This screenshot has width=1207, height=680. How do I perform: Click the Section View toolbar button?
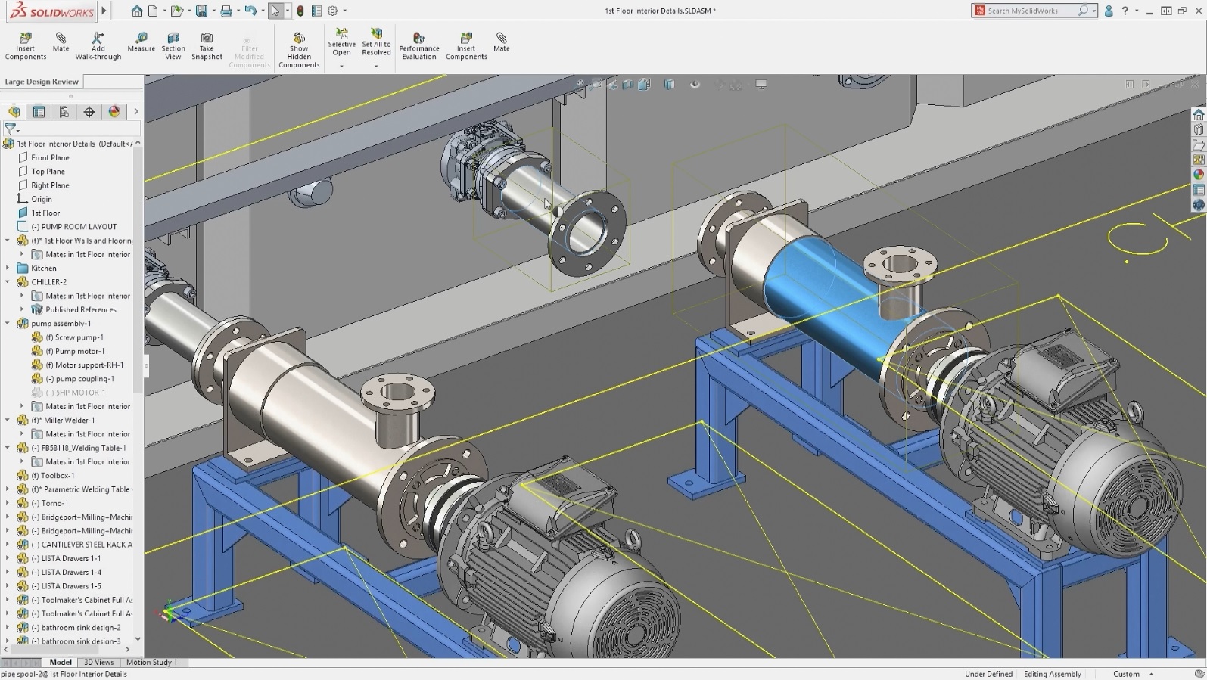[x=173, y=45]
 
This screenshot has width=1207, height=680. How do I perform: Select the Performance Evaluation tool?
[x=418, y=45]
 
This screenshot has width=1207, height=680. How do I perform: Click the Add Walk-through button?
[x=98, y=45]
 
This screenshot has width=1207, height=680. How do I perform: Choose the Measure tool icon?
[x=141, y=42]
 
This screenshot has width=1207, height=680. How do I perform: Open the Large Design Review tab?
[x=42, y=82]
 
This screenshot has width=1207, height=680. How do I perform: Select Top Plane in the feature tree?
[x=48, y=172]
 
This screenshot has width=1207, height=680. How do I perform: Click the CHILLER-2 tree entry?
[x=48, y=282]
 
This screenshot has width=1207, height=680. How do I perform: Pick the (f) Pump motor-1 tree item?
[x=79, y=351]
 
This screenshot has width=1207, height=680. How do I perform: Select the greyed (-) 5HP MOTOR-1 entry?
[x=75, y=393]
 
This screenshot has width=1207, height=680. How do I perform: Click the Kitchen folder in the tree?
[x=43, y=269]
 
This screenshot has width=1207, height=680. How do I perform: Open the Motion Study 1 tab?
[x=151, y=663]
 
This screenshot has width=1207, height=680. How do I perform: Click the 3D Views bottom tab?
[x=98, y=663]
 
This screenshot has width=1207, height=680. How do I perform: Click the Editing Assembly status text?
[x=1052, y=674]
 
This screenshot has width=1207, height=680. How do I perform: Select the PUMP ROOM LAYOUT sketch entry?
[x=79, y=227]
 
